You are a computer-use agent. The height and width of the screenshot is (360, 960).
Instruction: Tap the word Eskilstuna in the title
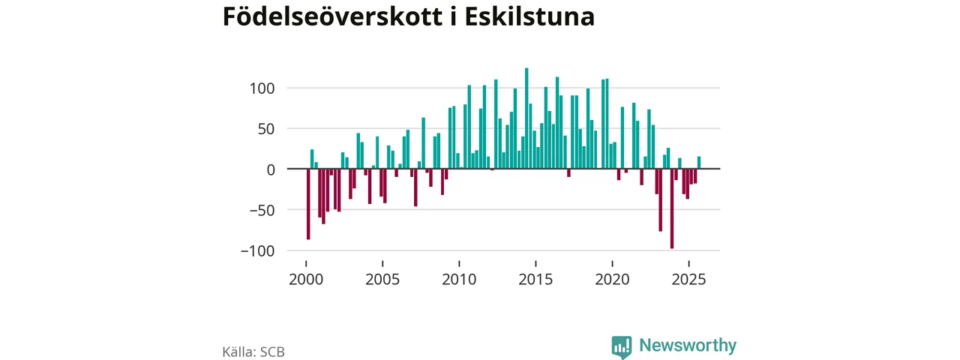pyautogui.click(x=529, y=16)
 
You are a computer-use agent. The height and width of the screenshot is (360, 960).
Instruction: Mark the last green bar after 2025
pyautogui.click(x=699, y=163)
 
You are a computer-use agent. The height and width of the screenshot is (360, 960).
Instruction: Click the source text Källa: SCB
pyautogui.click(x=253, y=351)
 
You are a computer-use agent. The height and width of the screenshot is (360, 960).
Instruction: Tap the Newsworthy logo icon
pyautogui.click(x=622, y=346)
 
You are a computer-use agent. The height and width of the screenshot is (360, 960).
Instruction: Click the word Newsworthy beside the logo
pyautogui.click(x=688, y=346)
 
